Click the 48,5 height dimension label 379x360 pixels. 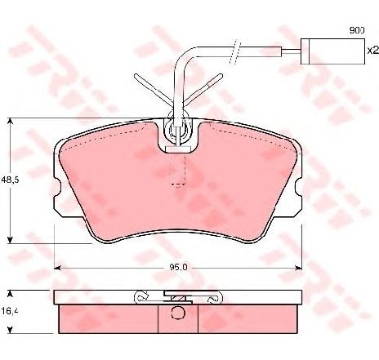click(x=10, y=180)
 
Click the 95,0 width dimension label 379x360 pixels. click(x=178, y=268)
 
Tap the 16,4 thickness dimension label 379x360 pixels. click(x=10, y=311)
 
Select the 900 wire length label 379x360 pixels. click(x=357, y=30)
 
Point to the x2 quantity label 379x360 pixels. click(x=372, y=51)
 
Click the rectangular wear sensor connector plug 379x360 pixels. click(x=332, y=51)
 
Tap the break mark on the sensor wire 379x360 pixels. click(x=234, y=51)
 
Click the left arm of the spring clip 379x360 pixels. click(x=153, y=90)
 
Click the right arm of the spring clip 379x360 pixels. click(x=203, y=89)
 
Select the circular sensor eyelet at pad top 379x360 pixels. click(x=178, y=129)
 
